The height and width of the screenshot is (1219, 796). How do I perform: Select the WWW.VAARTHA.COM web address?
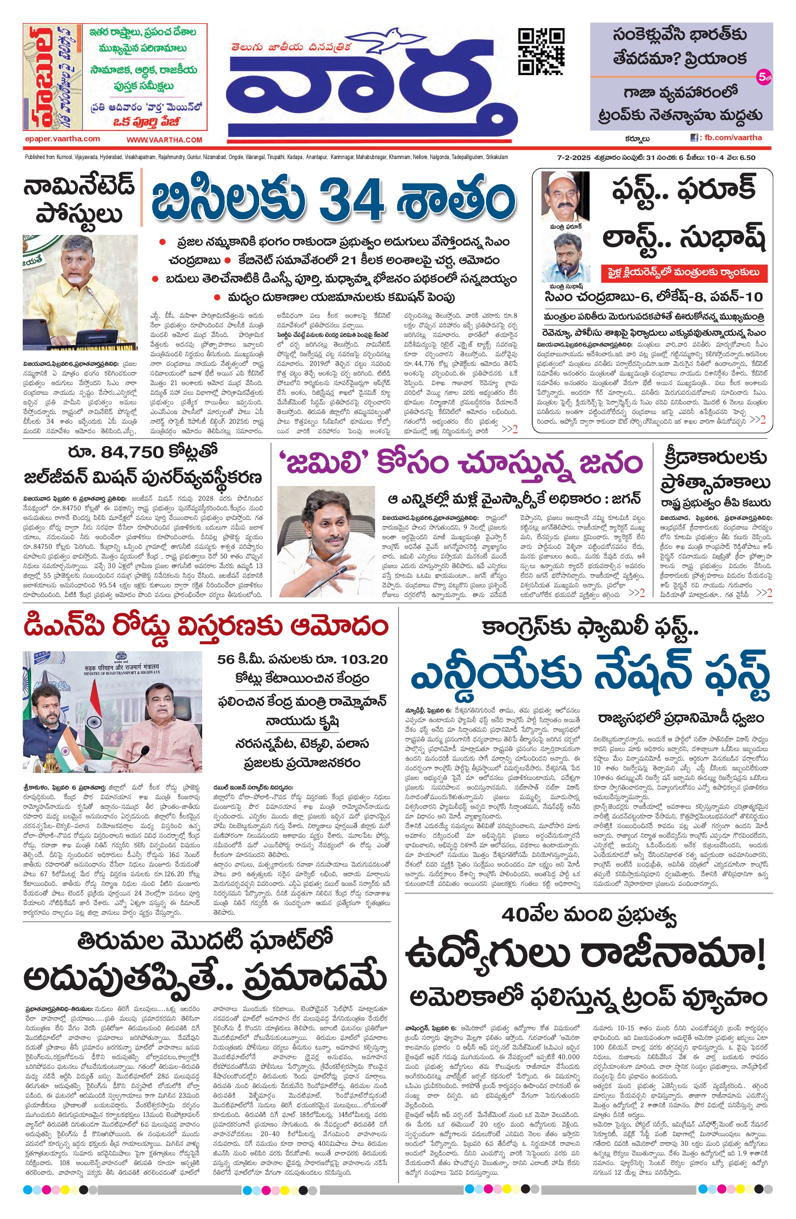click(164, 140)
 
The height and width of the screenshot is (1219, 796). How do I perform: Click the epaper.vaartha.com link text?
click(62, 139)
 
